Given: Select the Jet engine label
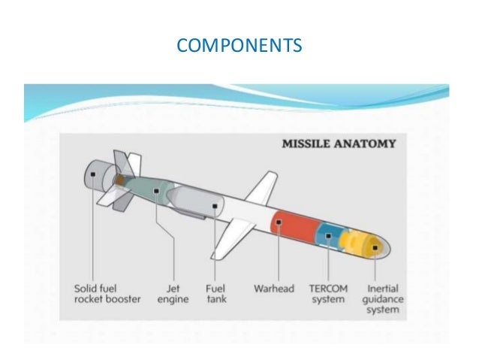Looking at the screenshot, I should pyautogui.click(x=173, y=292).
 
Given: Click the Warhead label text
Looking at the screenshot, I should pyautogui.click(x=273, y=288).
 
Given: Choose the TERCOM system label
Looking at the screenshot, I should pyautogui.click(x=327, y=292).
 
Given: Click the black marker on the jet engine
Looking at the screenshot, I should pyautogui.click(x=156, y=192).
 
